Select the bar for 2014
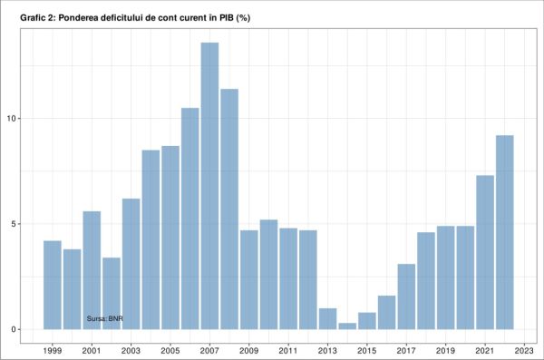click(347, 326)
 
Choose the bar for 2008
click(229, 209)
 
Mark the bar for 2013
click(327, 318)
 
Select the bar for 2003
click(131, 264)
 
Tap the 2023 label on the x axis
click(524, 349)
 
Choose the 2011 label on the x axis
click(288, 349)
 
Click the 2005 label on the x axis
click(170, 349)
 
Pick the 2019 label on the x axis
click(445, 349)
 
